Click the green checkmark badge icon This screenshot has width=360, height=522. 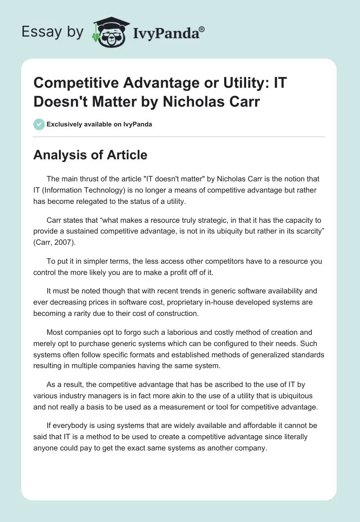click(x=39, y=124)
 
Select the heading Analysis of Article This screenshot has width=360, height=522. click(x=90, y=155)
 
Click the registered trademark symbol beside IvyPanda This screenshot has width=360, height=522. click(x=202, y=29)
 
